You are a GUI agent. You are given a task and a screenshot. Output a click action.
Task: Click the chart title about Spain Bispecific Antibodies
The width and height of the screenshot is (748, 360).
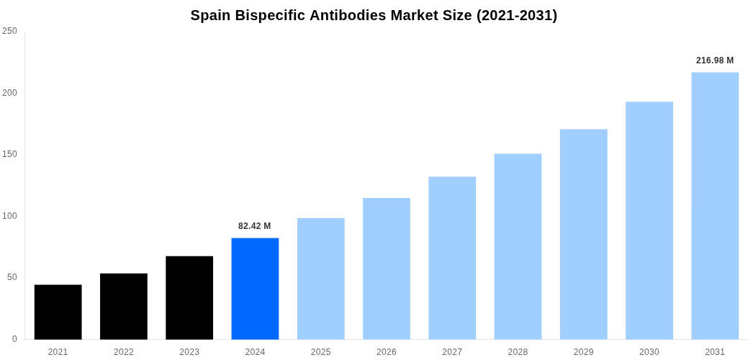(x=374, y=15)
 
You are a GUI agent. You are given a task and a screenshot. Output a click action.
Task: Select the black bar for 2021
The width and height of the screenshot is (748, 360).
(x=58, y=312)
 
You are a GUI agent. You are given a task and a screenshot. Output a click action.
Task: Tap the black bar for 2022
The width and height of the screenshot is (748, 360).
(x=124, y=306)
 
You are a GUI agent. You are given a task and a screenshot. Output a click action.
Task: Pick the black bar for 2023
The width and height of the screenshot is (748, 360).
(x=189, y=297)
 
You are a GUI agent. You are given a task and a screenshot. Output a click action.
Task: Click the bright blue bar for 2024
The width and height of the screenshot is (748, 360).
(x=255, y=288)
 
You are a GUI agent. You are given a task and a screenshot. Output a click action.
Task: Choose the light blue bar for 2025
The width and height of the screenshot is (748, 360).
(x=320, y=279)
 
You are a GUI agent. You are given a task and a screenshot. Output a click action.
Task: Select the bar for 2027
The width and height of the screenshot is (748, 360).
(x=452, y=258)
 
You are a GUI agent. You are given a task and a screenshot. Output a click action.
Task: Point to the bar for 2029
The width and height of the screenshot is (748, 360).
(x=583, y=234)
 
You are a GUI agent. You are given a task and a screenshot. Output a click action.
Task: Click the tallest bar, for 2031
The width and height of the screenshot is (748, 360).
(x=715, y=205)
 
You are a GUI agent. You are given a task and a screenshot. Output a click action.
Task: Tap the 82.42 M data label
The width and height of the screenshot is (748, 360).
(x=255, y=226)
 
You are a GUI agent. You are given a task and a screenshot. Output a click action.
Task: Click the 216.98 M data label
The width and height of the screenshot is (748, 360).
(x=715, y=60)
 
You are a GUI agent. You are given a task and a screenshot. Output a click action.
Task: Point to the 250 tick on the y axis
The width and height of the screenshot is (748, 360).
(x=10, y=31)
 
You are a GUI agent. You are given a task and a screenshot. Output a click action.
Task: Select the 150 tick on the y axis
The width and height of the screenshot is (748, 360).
(x=10, y=154)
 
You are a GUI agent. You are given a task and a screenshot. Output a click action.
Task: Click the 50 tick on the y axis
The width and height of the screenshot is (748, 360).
(x=12, y=277)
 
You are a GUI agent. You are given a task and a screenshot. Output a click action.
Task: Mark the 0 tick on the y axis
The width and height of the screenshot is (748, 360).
(x=14, y=339)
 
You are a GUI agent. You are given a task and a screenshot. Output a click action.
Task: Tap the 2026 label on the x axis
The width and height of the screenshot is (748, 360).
(x=387, y=352)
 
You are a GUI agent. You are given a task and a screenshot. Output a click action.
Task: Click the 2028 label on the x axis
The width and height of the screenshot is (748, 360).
(x=518, y=352)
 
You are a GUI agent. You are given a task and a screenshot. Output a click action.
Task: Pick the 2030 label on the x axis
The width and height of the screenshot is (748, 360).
(x=649, y=352)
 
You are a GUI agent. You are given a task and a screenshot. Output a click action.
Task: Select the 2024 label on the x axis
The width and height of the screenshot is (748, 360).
(x=255, y=352)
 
